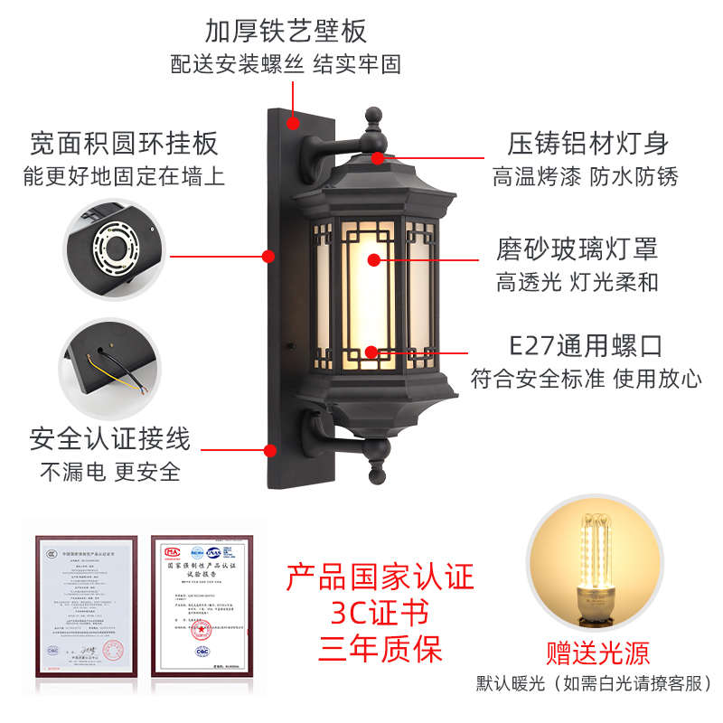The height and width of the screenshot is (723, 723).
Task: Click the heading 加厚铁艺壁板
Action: pos(286,31)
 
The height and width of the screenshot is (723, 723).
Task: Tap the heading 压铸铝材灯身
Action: pos(587,143)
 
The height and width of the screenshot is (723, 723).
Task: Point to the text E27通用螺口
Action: pos(586,345)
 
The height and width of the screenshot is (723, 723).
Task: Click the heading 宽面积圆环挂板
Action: pos(125,143)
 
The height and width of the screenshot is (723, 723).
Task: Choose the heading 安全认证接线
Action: pos(110,439)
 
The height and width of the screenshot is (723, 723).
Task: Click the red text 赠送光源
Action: pos(598,653)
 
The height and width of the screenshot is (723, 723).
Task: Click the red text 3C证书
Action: pos(380,613)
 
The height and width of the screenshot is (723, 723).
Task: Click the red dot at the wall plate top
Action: pos(293,121)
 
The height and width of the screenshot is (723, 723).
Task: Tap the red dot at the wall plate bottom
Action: pos(269,449)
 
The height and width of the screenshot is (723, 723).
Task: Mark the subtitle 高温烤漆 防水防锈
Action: pos(585,176)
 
